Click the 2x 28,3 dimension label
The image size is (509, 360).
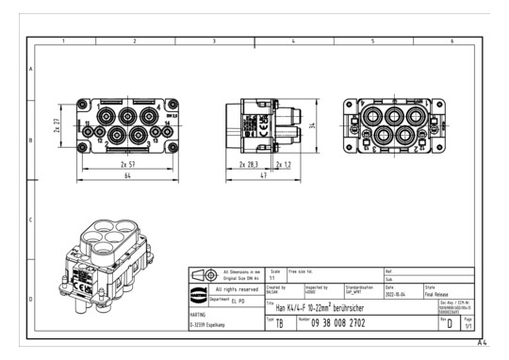coord(249,165)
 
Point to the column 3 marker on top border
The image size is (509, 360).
coord(214,42)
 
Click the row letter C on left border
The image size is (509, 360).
coord(31,221)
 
